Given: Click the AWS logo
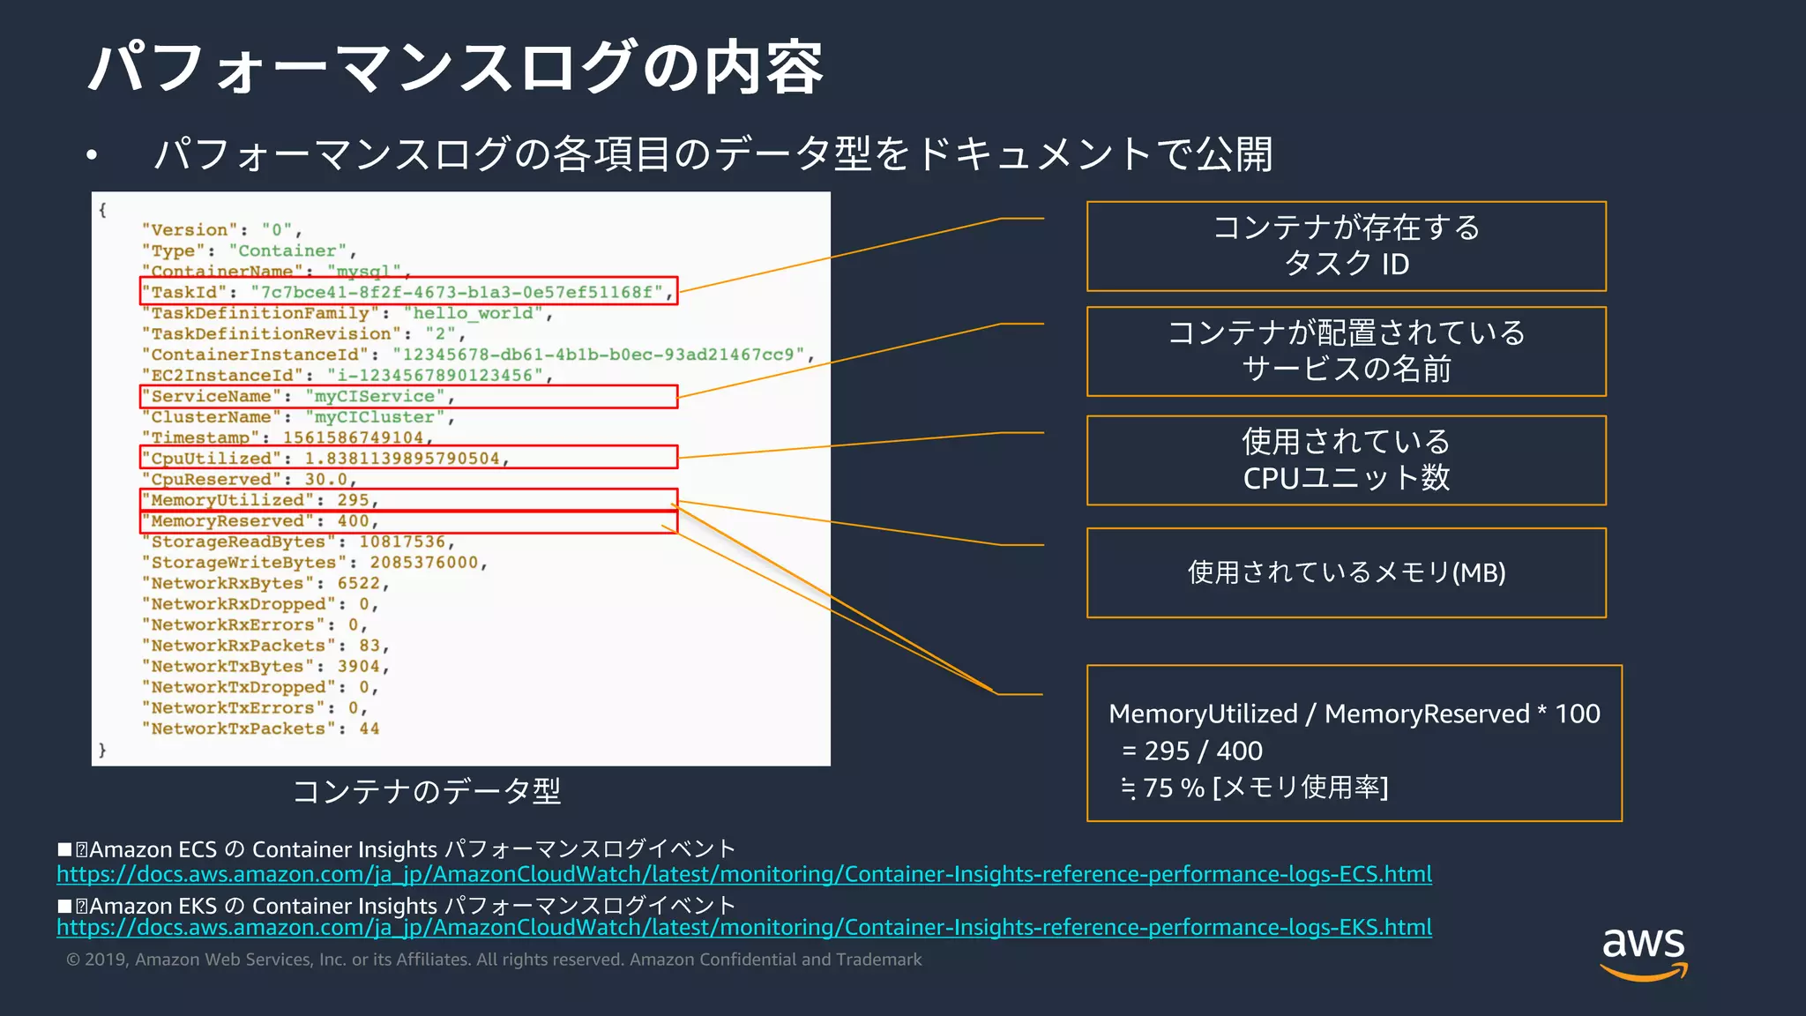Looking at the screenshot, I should (x=1643, y=952).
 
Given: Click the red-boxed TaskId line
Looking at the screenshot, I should (x=408, y=292).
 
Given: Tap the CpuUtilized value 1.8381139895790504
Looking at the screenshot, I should (x=402, y=459).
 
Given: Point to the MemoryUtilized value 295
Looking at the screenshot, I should (x=353, y=500).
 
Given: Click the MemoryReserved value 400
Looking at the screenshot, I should (x=353, y=521).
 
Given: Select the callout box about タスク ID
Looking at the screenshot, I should (x=1346, y=246).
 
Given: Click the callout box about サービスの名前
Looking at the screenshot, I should (x=1346, y=351).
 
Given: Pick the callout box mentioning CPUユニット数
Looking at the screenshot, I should (x=1346, y=460).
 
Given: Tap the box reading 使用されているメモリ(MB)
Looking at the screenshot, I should (x=1346, y=572).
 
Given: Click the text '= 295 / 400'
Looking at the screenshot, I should (x=1192, y=751).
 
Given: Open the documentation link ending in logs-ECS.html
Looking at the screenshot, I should (x=743, y=874).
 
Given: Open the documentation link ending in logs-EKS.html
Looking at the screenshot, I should (x=743, y=928).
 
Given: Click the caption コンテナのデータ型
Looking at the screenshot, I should (x=427, y=791).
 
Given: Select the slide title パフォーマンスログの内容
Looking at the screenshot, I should (x=455, y=67).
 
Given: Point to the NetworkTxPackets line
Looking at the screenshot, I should (x=261, y=729).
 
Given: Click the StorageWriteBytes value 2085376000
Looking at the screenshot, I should (x=423, y=563).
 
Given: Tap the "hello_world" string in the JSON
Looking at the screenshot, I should (x=474, y=313).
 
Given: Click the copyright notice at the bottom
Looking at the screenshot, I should (x=494, y=960).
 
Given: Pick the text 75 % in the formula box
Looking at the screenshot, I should (x=1173, y=788).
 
